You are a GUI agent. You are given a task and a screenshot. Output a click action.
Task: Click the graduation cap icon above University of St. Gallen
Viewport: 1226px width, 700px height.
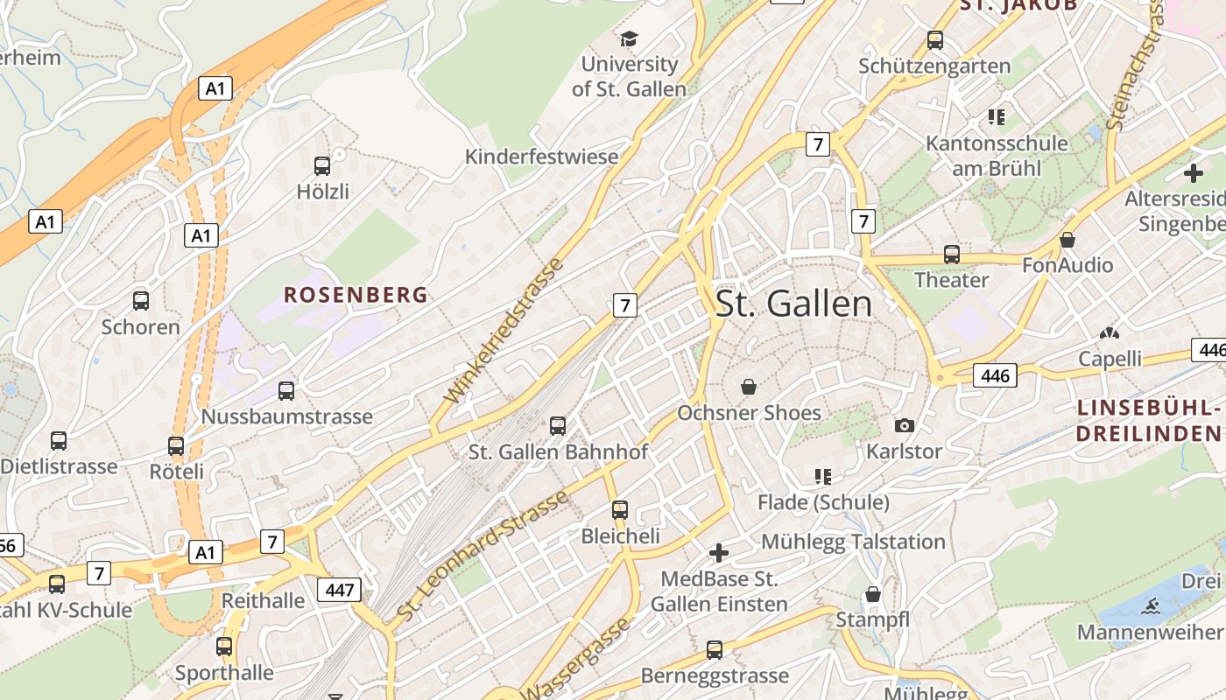click(629, 38)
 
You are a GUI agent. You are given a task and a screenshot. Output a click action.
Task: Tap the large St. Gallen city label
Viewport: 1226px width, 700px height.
click(793, 304)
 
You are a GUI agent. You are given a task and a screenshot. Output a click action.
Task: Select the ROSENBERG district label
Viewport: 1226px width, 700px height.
click(356, 295)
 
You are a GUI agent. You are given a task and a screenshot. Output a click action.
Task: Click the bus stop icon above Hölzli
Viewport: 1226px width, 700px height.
click(322, 165)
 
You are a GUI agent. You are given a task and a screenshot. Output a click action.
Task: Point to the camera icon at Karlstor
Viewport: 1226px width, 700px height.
click(905, 425)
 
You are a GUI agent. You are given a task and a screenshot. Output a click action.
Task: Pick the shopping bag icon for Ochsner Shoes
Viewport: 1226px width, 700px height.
click(749, 387)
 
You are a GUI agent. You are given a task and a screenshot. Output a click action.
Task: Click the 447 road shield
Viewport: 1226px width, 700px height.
click(339, 590)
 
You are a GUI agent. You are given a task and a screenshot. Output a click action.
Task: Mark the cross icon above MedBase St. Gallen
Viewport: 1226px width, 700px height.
click(719, 553)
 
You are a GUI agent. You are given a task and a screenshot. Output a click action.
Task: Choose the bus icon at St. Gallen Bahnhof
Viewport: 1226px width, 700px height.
click(558, 426)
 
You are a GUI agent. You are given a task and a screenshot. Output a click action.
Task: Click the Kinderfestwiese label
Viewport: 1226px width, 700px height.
click(541, 157)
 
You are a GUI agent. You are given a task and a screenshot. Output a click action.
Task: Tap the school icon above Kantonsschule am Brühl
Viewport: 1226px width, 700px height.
click(996, 116)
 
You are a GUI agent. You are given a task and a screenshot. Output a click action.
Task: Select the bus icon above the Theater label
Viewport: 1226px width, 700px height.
click(952, 255)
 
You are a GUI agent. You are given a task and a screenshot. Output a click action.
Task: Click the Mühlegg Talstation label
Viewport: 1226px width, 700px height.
click(853, 542)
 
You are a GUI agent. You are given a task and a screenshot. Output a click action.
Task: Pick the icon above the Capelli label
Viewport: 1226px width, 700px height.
click(1110, 333)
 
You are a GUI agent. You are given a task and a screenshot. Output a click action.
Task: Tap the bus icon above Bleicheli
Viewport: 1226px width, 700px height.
click(620, 509)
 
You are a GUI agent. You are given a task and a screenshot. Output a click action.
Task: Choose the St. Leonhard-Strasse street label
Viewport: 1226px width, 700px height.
click(483, 556)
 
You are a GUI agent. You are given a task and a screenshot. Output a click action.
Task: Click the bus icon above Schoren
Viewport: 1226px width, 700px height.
click(141, 301)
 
